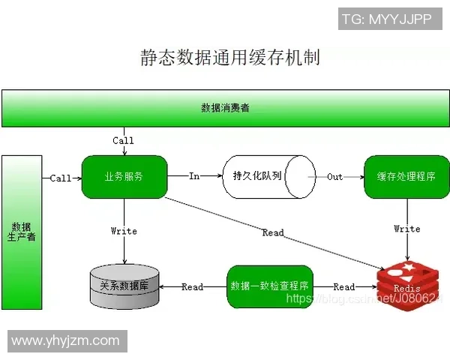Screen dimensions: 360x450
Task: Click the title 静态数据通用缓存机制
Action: (229, 57)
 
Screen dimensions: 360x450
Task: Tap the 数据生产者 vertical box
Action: (21, 232)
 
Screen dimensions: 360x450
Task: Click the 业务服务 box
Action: (124, 177)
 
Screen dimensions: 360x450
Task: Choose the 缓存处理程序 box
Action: (406, 177)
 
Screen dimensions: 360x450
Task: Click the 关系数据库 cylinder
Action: (124, 286)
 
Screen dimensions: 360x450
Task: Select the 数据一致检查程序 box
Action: (270, 286)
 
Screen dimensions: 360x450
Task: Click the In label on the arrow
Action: (194, 176)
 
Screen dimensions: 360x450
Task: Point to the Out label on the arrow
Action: (334, 177)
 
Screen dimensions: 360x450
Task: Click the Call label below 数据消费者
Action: (123, 140)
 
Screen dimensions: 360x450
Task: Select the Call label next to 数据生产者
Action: (61, 178)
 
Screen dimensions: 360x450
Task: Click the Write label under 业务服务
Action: (124, 231)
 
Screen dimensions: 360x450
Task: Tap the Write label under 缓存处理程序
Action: (407, 229)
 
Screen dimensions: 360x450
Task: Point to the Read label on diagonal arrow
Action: (273, 233)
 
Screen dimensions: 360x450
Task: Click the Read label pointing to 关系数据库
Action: (192, 287)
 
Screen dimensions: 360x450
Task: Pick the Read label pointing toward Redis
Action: (344, 287)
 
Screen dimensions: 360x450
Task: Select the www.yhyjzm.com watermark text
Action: (65, 340)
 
